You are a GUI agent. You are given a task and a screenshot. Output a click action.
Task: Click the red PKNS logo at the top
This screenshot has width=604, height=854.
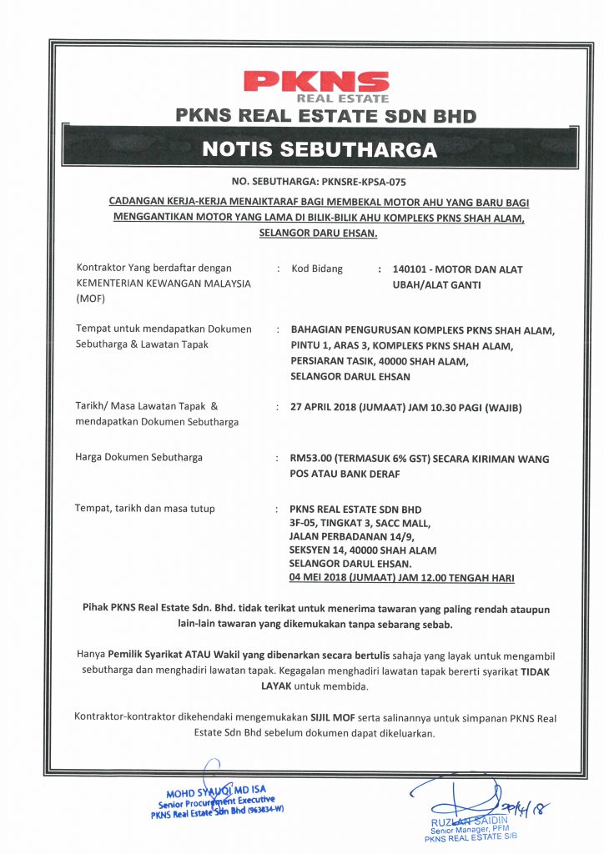coord(315,84)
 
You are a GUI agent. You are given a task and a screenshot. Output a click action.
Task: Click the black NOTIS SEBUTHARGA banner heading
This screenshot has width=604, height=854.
coord(320,150)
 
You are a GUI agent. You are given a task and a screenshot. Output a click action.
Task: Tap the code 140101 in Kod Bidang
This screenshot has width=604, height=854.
coord(408,269)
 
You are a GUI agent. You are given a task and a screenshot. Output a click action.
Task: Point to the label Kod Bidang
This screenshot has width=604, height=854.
coord(316,269)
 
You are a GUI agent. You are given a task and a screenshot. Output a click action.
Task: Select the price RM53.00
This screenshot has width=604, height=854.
coord(310,458)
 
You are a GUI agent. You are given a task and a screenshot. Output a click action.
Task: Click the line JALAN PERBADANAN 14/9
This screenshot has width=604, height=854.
coord(341,537)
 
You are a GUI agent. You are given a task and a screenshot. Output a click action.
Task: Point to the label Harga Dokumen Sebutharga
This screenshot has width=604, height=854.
coord(138,457)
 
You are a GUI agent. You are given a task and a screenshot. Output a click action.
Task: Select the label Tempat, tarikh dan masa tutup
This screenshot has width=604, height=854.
coord(144,509)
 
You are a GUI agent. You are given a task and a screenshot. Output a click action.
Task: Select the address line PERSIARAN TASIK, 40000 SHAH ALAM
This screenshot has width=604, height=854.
coord(379,360)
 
